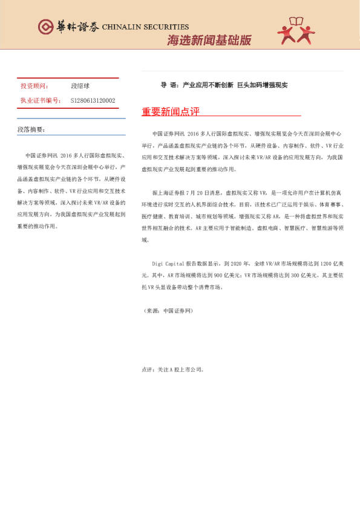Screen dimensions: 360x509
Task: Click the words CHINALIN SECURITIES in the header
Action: click(x=145, y=27)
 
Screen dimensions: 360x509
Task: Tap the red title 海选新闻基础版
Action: click(x=209, y=41)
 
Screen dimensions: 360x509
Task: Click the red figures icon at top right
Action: click(x=296, y=30)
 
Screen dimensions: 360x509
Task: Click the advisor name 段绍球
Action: click(x=80, y=86)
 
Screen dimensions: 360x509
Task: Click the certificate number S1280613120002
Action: click(x=93, y=100)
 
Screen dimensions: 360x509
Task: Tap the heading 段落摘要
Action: click(x=31, y=129)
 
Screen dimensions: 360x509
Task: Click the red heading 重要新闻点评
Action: click(x=171, y=112)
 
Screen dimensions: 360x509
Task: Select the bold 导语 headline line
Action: click(x=224, y=85)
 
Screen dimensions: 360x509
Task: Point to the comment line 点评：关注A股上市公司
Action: click(x=172, y=369)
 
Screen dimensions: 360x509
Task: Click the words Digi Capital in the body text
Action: click(x=168, y=264)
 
